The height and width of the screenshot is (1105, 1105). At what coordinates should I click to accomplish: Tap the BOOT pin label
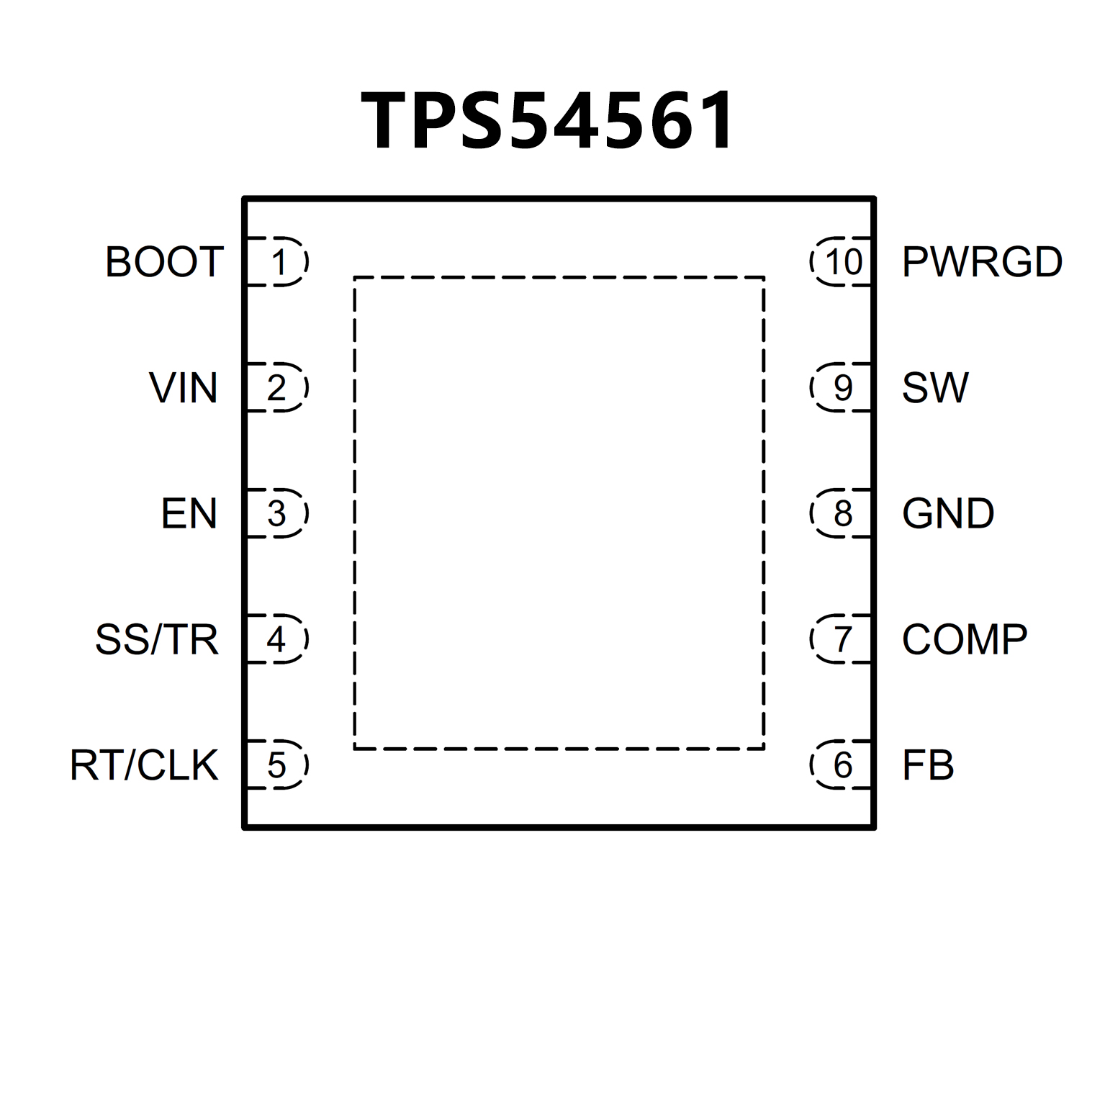[164, 261]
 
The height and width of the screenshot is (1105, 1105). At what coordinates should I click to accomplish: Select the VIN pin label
[184, 388]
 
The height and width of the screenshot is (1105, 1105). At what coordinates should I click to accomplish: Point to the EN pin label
[189, 513]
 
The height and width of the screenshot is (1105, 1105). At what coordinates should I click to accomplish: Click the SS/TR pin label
[157, 639]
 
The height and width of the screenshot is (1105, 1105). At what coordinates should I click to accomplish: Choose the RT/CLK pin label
[144, 765]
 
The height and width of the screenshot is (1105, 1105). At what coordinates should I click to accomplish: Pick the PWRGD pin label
[982, 261]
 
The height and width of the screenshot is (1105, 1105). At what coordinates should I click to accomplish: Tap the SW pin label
[935, 388]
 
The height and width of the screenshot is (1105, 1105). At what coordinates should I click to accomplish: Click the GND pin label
[948, 513]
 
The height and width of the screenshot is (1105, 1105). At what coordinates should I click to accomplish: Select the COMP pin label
[965, 639]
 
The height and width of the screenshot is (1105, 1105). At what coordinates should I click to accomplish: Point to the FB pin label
[928, 765]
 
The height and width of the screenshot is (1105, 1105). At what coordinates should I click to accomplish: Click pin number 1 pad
[278, 262]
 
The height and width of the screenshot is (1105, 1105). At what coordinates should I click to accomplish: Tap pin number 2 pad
[278, 388]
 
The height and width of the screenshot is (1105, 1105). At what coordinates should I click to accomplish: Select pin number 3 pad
[278, 513]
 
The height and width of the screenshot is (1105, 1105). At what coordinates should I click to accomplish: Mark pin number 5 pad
[278, 765]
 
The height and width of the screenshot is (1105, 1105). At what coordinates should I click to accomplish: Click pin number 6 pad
[842, 765]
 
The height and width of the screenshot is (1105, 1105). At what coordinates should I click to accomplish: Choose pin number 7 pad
[842, 639]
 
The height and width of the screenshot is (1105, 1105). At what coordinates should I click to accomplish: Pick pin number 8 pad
[842, 513]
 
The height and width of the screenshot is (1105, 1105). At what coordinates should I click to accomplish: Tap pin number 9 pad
[842, 388]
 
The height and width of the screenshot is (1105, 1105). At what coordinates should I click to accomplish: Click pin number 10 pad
[842, 262]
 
